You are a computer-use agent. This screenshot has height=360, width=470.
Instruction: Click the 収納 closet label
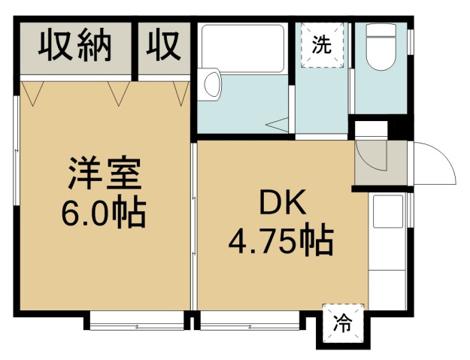(75, 44)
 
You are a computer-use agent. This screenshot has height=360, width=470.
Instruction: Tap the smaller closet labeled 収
(164, 44)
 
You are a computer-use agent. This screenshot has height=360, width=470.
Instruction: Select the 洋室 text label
(105, 173)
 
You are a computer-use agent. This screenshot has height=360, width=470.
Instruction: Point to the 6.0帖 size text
(104, 211)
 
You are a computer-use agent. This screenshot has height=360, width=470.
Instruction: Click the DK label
(283, 202)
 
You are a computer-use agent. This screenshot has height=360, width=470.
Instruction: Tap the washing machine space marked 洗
(322, 45)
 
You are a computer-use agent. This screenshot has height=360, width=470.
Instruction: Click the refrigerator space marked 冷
(343, 324)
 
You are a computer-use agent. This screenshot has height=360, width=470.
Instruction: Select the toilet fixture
(381, 47)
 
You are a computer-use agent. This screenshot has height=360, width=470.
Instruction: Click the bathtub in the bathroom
(242, 49)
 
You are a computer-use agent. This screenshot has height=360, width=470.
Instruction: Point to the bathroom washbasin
(213, 83)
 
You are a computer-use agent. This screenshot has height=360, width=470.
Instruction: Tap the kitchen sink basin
(387, 211)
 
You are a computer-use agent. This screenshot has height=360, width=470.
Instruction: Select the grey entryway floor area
(381, 163)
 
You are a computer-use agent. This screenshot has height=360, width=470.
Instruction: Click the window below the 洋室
(137, 321)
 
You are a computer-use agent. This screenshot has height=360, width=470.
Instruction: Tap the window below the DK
(250, 321)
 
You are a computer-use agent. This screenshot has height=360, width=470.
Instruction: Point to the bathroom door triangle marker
(277, 125)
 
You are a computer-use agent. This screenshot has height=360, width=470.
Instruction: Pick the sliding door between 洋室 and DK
(194, 227)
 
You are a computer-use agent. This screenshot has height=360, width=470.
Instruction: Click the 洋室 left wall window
(17, 150)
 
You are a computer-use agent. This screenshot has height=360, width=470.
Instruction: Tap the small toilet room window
(411, 42)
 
